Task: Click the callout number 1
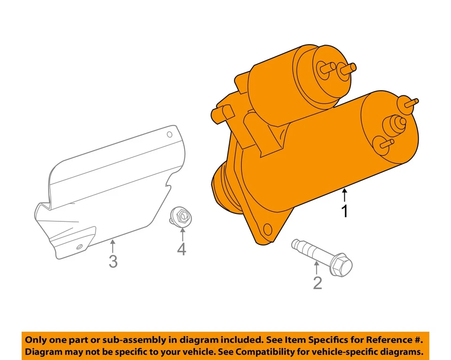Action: coord(345,211)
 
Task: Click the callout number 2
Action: coord(318,283)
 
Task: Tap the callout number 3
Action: coord(113,261)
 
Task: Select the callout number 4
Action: coord(181,249)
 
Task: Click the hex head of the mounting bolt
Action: coord(342,266)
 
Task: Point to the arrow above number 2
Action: coord(317,267)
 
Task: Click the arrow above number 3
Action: coord(112,245)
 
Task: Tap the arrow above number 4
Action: coord(181,234)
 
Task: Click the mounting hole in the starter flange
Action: coord(268,229)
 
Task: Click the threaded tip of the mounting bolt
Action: coord(296,244)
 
